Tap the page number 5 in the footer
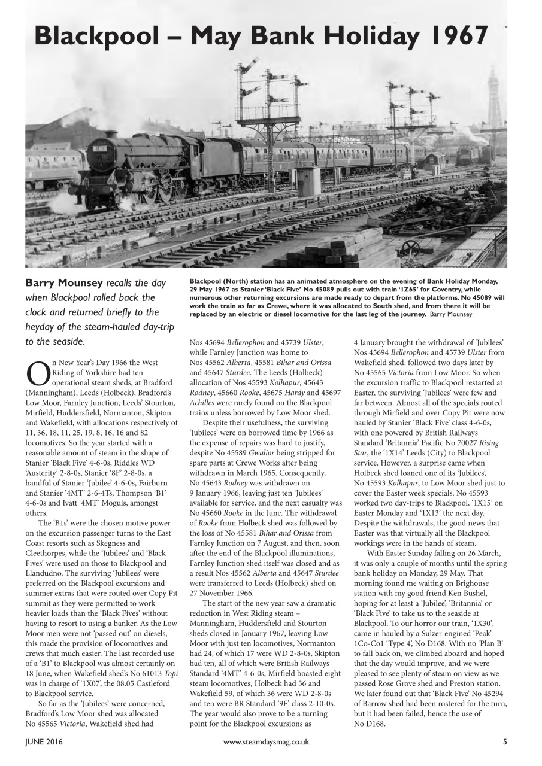(x=505, y=742)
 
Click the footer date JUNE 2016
(x=44, y=742)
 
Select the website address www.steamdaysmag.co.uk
(x=266, y=742)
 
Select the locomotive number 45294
(x=490, y=704)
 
